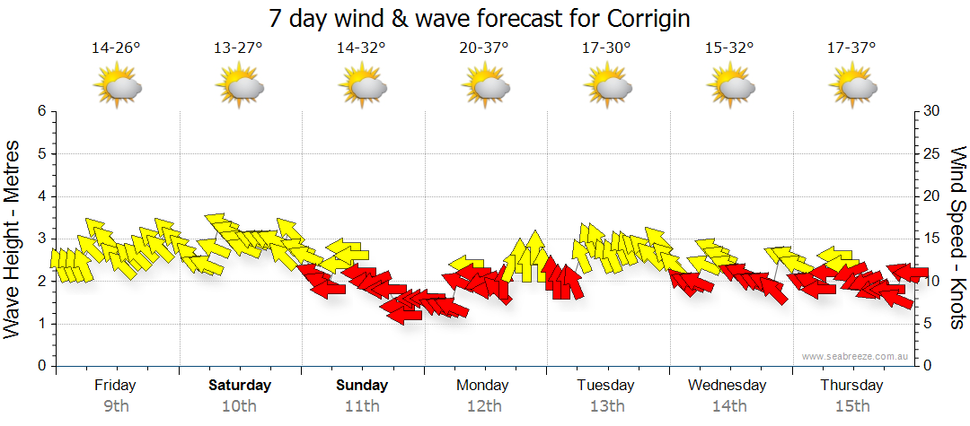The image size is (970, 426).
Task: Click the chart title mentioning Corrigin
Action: (485, 18)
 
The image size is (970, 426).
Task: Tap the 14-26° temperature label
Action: (116, 48)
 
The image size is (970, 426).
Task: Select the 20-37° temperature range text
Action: (484, 48)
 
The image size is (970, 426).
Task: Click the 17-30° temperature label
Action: (607, 48)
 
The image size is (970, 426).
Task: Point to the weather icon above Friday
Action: (118, 87)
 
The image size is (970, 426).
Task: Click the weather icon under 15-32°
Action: (730, 87)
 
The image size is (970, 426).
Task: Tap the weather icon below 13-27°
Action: (240, 87)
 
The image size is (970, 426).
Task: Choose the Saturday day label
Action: (240, 386)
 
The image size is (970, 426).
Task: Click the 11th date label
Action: (362, 406)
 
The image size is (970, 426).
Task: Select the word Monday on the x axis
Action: (484, 386)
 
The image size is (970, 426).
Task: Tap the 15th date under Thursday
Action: (852, 406)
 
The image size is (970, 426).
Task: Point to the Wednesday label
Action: (727, 386)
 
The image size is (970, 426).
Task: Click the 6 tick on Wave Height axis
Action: (40, 111)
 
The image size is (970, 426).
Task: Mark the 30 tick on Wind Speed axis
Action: (932, 111)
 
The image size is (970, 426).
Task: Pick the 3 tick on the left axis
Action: (40, 239)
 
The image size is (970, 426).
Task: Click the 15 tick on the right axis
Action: (932, 239)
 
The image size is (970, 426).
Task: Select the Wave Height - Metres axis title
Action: (13, 238)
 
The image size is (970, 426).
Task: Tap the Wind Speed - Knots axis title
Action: (957, 238)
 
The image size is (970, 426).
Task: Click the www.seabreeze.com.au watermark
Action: (856, 356)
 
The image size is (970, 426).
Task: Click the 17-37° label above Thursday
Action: (852, 48)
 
